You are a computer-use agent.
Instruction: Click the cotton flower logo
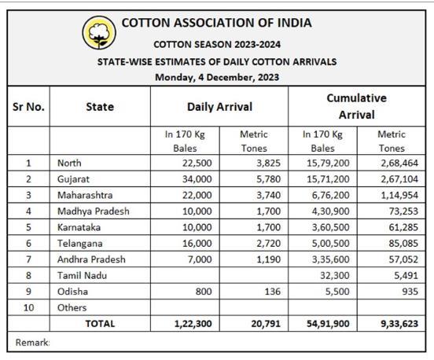[x=99, y=33]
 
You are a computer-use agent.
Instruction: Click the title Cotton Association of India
[x=217, y=23]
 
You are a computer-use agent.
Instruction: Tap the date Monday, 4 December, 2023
[x=217, y=77]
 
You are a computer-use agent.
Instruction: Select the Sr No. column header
[x=28, y=107]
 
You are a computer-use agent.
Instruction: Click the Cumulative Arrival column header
[x=356, y=106]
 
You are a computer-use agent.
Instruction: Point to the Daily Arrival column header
[x=220, y=107]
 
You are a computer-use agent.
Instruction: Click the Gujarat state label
[x=73, y=179]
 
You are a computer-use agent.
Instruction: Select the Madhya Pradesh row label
[x=94, y=211]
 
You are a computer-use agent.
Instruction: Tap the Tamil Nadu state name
[x=82, y=276]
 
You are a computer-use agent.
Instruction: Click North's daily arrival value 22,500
[x=197, y=163]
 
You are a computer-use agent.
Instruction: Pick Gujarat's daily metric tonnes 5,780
[x=268, y=179]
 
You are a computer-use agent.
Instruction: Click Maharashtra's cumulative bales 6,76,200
[x=330, y=196]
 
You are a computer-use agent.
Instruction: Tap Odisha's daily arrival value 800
[x=204, y=292]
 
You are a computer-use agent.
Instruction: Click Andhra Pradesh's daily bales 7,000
[x=200, y=259]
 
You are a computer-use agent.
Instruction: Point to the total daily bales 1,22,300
[x=193, y=324]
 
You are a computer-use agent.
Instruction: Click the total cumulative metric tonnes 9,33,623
[x=399, y=324]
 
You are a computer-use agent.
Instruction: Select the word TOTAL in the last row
[x=100, y=324]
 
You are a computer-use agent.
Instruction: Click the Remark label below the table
[x=32, y=343]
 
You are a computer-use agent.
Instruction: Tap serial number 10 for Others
[x=28, y=307]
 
